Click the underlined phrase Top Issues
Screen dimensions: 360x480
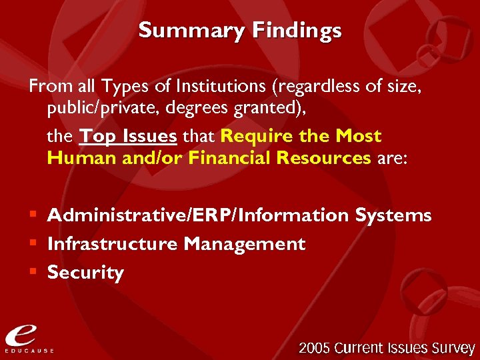pos(128,137)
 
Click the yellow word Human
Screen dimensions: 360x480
pos(76,158)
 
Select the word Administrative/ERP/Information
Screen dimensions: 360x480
pos(198,215)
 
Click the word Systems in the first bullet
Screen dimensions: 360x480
pos(393,215)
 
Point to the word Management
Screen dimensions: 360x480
pos(245,244)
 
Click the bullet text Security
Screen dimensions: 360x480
pos(85,273)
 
